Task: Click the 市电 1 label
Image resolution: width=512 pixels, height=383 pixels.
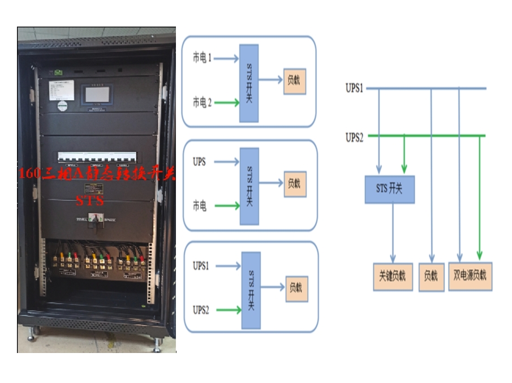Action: click(202, 58)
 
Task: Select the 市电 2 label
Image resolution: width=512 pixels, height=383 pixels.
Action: click(202, 102)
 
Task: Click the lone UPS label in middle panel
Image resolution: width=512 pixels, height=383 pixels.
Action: click(199, 162)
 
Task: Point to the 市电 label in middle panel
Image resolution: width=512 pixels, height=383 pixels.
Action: click(199, 206)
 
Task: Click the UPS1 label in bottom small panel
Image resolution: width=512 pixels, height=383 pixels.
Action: click(201, 265)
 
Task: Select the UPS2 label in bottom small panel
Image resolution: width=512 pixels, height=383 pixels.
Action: click(201, 309)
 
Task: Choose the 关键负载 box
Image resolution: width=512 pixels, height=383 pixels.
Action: click(393, 277)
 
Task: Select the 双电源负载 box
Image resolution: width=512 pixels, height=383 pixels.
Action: click(470, 276)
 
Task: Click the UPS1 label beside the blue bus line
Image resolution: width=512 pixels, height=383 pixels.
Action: click(355, 88)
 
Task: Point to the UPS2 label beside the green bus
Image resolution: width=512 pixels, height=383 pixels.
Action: click(355, 137)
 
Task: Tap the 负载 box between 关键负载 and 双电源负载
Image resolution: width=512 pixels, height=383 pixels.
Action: click(431, 277)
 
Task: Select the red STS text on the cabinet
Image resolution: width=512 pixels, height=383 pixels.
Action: click(90, 200)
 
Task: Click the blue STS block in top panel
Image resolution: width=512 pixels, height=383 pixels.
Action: click(249, 83)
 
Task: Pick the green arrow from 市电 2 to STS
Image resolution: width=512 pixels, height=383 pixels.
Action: click(227, 102)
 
